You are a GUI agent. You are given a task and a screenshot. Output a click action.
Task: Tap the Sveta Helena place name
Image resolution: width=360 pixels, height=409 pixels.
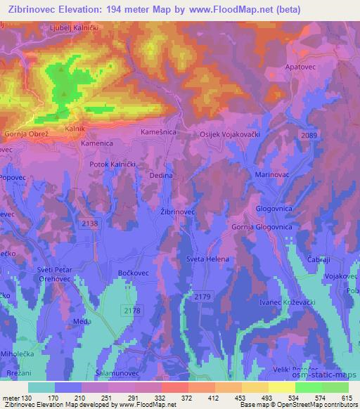tap(205, 259)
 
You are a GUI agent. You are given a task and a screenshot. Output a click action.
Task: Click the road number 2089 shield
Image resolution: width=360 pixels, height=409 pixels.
tap(307, 135)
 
